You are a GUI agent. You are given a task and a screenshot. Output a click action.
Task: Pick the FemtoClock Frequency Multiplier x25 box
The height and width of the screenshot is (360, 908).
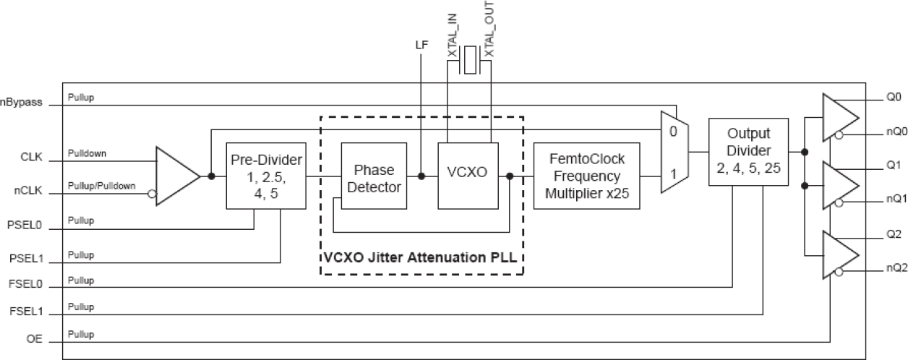586,175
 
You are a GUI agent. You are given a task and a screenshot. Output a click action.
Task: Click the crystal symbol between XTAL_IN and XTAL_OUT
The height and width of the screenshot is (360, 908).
470,61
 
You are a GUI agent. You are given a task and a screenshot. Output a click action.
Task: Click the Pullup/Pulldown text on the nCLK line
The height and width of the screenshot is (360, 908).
102,187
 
